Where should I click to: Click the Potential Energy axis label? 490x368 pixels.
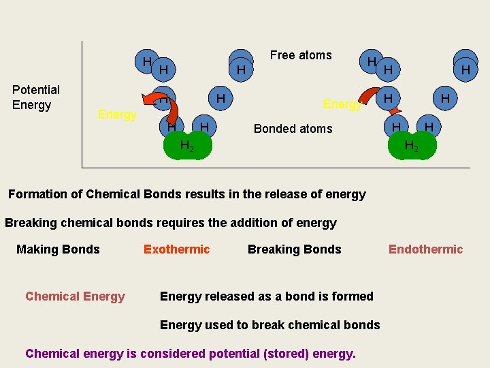[x=36, y=97]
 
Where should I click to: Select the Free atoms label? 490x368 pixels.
[x=301, y=55]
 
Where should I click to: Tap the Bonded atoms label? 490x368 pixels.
[x=293, y=129]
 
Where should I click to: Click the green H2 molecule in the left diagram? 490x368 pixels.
[x=187, y=146]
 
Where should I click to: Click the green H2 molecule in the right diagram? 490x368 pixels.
[x=412, y=146]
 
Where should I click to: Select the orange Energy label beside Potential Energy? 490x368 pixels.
[x=117, y=114]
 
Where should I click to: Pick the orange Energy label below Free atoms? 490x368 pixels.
[x=342, y=104]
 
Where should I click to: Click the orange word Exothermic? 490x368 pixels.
[x=176, y=249]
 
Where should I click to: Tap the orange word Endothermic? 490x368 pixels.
[x=425, y=249]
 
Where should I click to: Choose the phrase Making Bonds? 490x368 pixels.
[x=58, y=249]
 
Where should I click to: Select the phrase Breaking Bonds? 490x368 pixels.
[x=294, y=249]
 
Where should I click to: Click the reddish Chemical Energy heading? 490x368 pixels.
[x=75, y=296]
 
